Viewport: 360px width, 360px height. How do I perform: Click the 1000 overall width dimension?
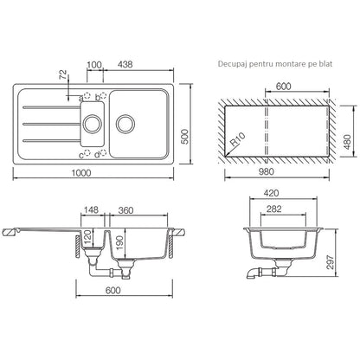coord(81,173)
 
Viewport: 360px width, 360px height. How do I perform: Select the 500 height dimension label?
coord(185,137)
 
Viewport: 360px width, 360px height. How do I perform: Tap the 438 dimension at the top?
coord(125,64)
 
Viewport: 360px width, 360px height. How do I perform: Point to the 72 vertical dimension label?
coord(63,74)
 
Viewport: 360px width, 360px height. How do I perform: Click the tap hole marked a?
coord(87,95)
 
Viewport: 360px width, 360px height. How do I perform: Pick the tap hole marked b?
coord(103,95)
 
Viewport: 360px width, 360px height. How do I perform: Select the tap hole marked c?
coord(87,153)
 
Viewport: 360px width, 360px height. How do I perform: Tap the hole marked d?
coord(103,153)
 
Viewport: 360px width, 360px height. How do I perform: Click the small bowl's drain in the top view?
coord(93,124)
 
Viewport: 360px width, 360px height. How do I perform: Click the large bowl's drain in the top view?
coord(125,124)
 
